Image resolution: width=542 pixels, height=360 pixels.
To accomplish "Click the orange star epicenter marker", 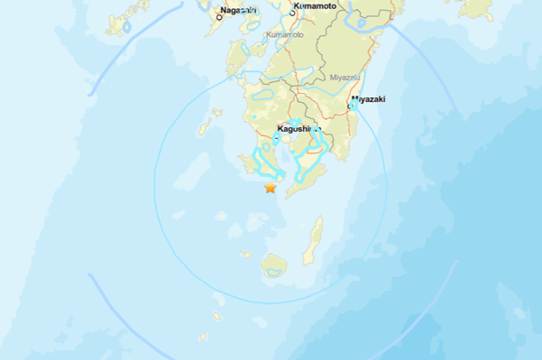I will [270, 188].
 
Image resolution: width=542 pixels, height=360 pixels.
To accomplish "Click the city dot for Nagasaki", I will [218, 17].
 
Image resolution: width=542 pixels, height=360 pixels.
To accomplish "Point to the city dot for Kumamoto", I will [293, 14].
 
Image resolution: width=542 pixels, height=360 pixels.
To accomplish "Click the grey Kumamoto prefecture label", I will [286, 35].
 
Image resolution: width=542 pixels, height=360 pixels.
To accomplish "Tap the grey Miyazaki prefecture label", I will [345, 78].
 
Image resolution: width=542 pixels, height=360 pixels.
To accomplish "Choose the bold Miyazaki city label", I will [368, 98].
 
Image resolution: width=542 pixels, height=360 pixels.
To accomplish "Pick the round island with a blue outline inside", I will [274, 265].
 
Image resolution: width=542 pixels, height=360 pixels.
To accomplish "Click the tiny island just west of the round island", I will [245, 254].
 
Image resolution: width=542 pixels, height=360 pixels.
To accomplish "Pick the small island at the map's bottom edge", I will [203, 338].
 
